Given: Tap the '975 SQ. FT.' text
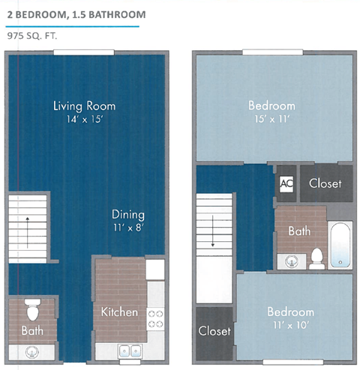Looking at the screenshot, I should [32, 34].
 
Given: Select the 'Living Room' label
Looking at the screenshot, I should [84, 106].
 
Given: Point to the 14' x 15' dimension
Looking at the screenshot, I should [84, 119].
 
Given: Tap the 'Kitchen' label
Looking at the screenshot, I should [120, 311].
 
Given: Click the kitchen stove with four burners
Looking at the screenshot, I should [156, 318].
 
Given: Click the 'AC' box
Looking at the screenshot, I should [286, 183].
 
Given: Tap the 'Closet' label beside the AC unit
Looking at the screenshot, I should [325, 183].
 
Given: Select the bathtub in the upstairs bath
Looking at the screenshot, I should [340, 245].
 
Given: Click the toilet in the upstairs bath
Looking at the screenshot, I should [317, 257].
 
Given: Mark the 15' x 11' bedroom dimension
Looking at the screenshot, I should [271, 119].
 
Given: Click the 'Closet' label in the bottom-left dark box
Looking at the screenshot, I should [214, 330].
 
